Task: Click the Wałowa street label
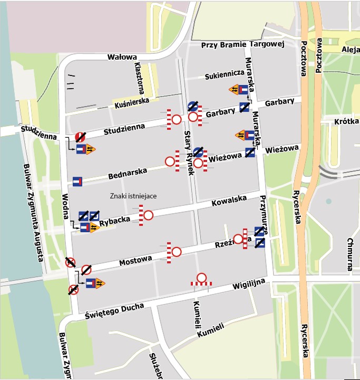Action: [x=122, y=57]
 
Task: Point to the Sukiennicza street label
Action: [x=224, y=75]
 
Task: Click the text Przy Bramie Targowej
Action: [x=243, y=45]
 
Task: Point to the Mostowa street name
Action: [x=135, y=260]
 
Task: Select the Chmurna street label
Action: [x=350, y=254]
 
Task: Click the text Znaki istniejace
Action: [x=133, y=196]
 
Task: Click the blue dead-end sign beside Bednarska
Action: [x=77, y=182]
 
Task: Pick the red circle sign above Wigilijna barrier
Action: [x=201, y=278]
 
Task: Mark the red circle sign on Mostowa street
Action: [x=177, y=252]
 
